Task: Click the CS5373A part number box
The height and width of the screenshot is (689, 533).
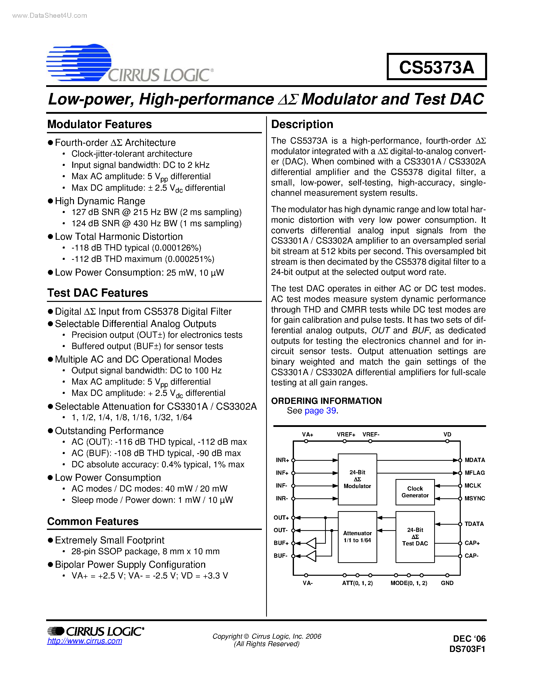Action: click(436, 67)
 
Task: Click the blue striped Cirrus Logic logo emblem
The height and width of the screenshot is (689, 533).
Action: click(79, 62)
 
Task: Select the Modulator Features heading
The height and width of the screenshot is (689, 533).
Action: click(100, 124)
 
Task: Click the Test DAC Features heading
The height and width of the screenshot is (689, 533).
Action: click(98, 293)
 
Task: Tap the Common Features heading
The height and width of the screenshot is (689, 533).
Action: click(93, 521)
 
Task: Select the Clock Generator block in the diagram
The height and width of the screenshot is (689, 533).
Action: click(415, 492)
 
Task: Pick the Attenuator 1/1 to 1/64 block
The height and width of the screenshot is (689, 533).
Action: click(357, 537)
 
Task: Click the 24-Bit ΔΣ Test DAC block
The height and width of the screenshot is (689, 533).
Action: click(415, 537)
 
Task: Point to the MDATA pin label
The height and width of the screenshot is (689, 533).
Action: click(475, 460)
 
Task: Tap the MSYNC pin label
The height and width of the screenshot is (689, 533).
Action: click(475, 498)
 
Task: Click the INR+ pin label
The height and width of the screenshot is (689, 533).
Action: click(282, 460)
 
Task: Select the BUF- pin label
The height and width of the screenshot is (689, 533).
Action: click(280, 555)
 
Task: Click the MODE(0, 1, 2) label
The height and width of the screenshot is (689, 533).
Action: click(409, 583)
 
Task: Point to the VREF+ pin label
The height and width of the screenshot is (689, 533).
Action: click(346, 434)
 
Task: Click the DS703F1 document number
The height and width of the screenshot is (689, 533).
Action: click(467, 649)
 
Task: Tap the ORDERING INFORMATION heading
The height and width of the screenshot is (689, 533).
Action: click(326, 401)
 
